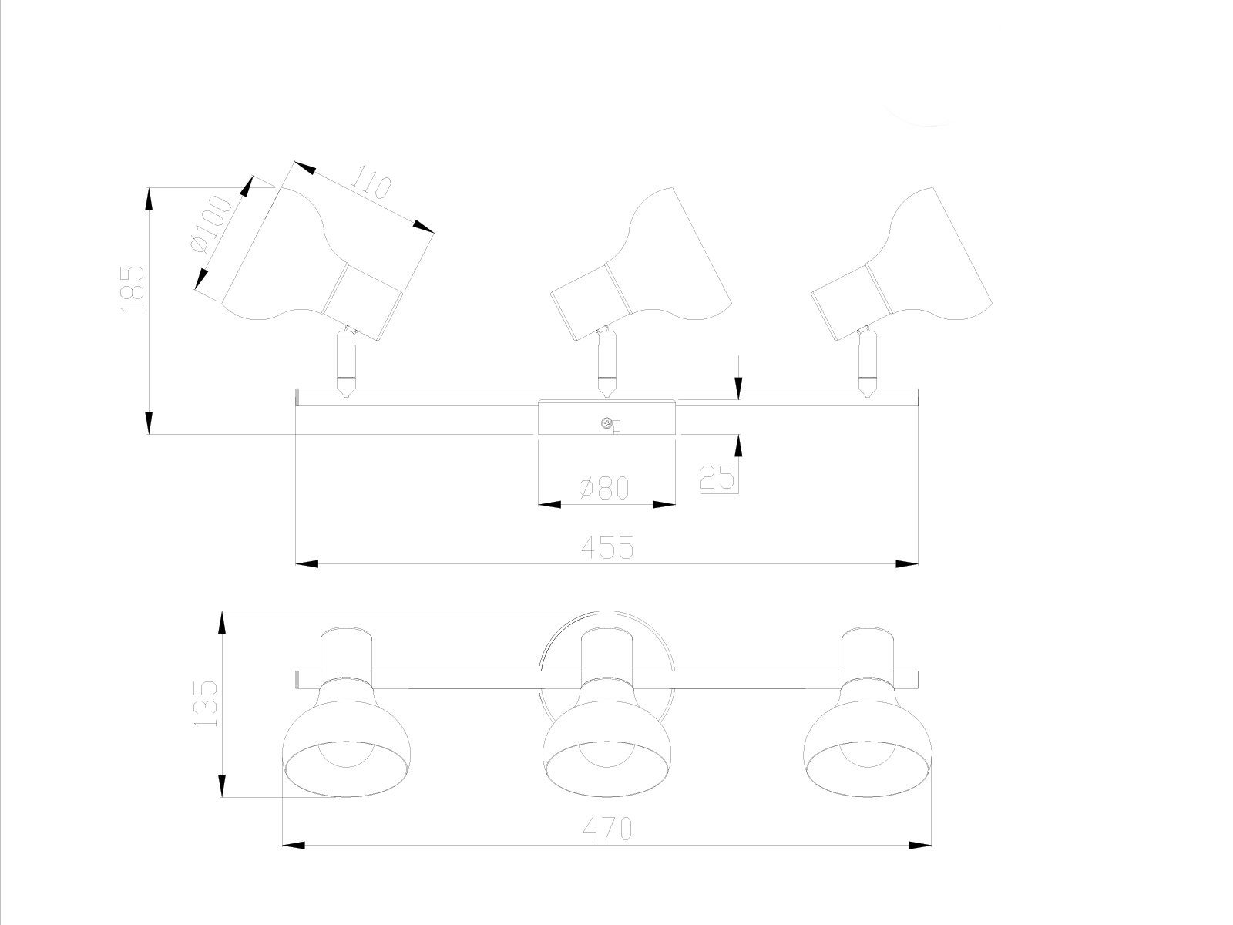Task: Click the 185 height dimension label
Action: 133,288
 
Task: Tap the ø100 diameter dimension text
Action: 208,224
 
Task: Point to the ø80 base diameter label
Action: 605,487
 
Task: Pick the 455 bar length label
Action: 606,547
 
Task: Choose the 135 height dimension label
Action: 205,703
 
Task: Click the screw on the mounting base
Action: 607,422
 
